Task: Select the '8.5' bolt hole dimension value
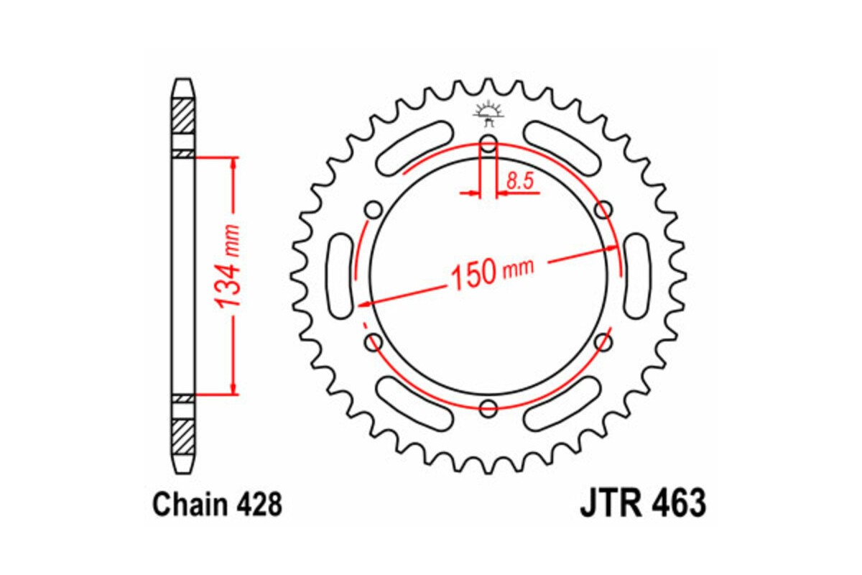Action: (519, 182)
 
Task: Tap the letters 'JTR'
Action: (608, 504)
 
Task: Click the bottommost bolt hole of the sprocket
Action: (488, 409)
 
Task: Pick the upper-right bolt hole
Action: (604, 209)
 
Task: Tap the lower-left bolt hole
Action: (373, 343)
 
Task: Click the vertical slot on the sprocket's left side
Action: (340, 276)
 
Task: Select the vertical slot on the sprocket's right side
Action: (636, 276)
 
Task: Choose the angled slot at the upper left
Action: (414, 147)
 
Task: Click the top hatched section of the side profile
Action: (183, 114)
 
